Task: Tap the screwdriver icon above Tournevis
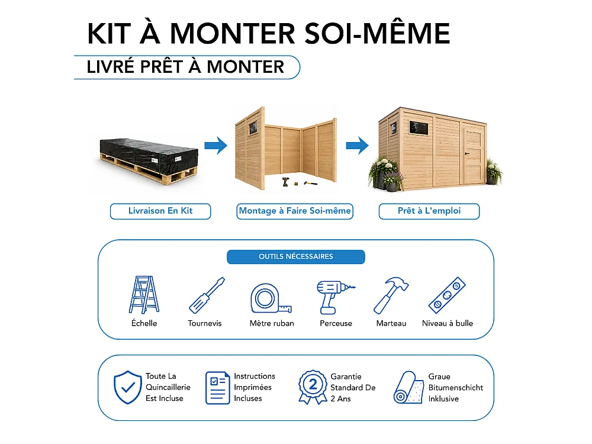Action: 207,295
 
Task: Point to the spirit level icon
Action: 447,295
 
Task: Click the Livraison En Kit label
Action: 160,211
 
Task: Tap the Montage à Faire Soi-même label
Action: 295,211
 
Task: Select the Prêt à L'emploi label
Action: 429,211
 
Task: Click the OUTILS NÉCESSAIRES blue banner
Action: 296,257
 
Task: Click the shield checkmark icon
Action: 128,387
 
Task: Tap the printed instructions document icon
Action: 218,388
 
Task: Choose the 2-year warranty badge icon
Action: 313,387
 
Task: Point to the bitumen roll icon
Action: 408,388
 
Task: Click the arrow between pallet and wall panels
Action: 216,146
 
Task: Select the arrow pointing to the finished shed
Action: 358,146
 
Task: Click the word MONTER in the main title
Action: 233,34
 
